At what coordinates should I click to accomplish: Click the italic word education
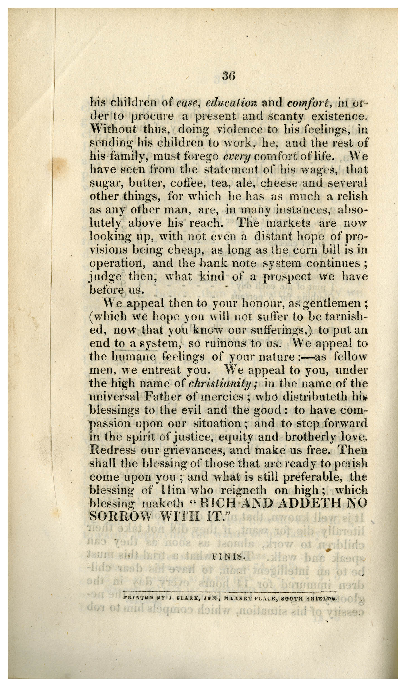coord(231,102)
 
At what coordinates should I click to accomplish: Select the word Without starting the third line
coord(113,130)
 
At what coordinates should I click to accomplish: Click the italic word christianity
coord(222,384)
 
